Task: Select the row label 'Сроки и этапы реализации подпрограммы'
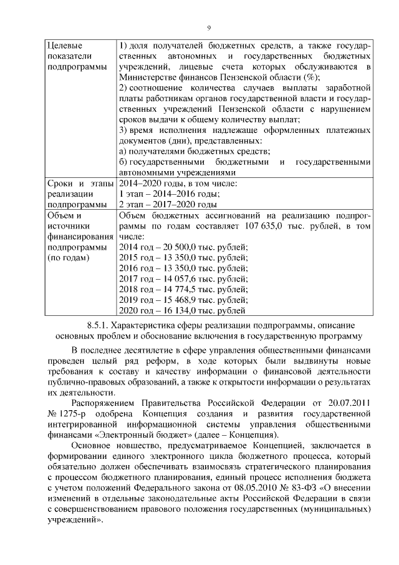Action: click(x=78, y=194)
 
